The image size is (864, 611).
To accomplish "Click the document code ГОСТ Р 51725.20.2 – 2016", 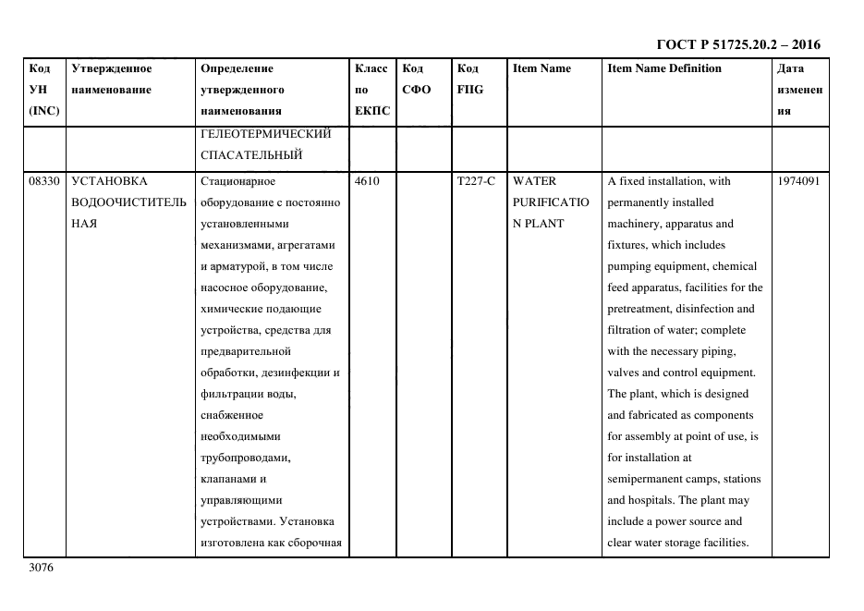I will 737,44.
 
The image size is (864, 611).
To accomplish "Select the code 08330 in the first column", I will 44,181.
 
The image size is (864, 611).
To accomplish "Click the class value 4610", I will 367,181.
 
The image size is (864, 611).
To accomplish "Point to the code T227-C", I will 476,181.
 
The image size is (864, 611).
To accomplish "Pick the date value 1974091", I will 799,181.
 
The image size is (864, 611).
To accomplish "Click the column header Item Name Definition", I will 664,68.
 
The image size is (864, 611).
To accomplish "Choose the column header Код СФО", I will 417,79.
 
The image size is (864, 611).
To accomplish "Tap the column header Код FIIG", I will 470,79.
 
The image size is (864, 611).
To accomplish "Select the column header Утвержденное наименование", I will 111,79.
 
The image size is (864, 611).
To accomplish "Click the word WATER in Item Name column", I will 534,181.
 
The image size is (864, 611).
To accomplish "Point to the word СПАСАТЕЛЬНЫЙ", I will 251,154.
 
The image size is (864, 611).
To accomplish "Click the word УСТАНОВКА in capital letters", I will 109,181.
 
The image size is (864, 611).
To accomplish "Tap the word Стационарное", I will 237,181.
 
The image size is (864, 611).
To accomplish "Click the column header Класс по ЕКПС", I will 372,90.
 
